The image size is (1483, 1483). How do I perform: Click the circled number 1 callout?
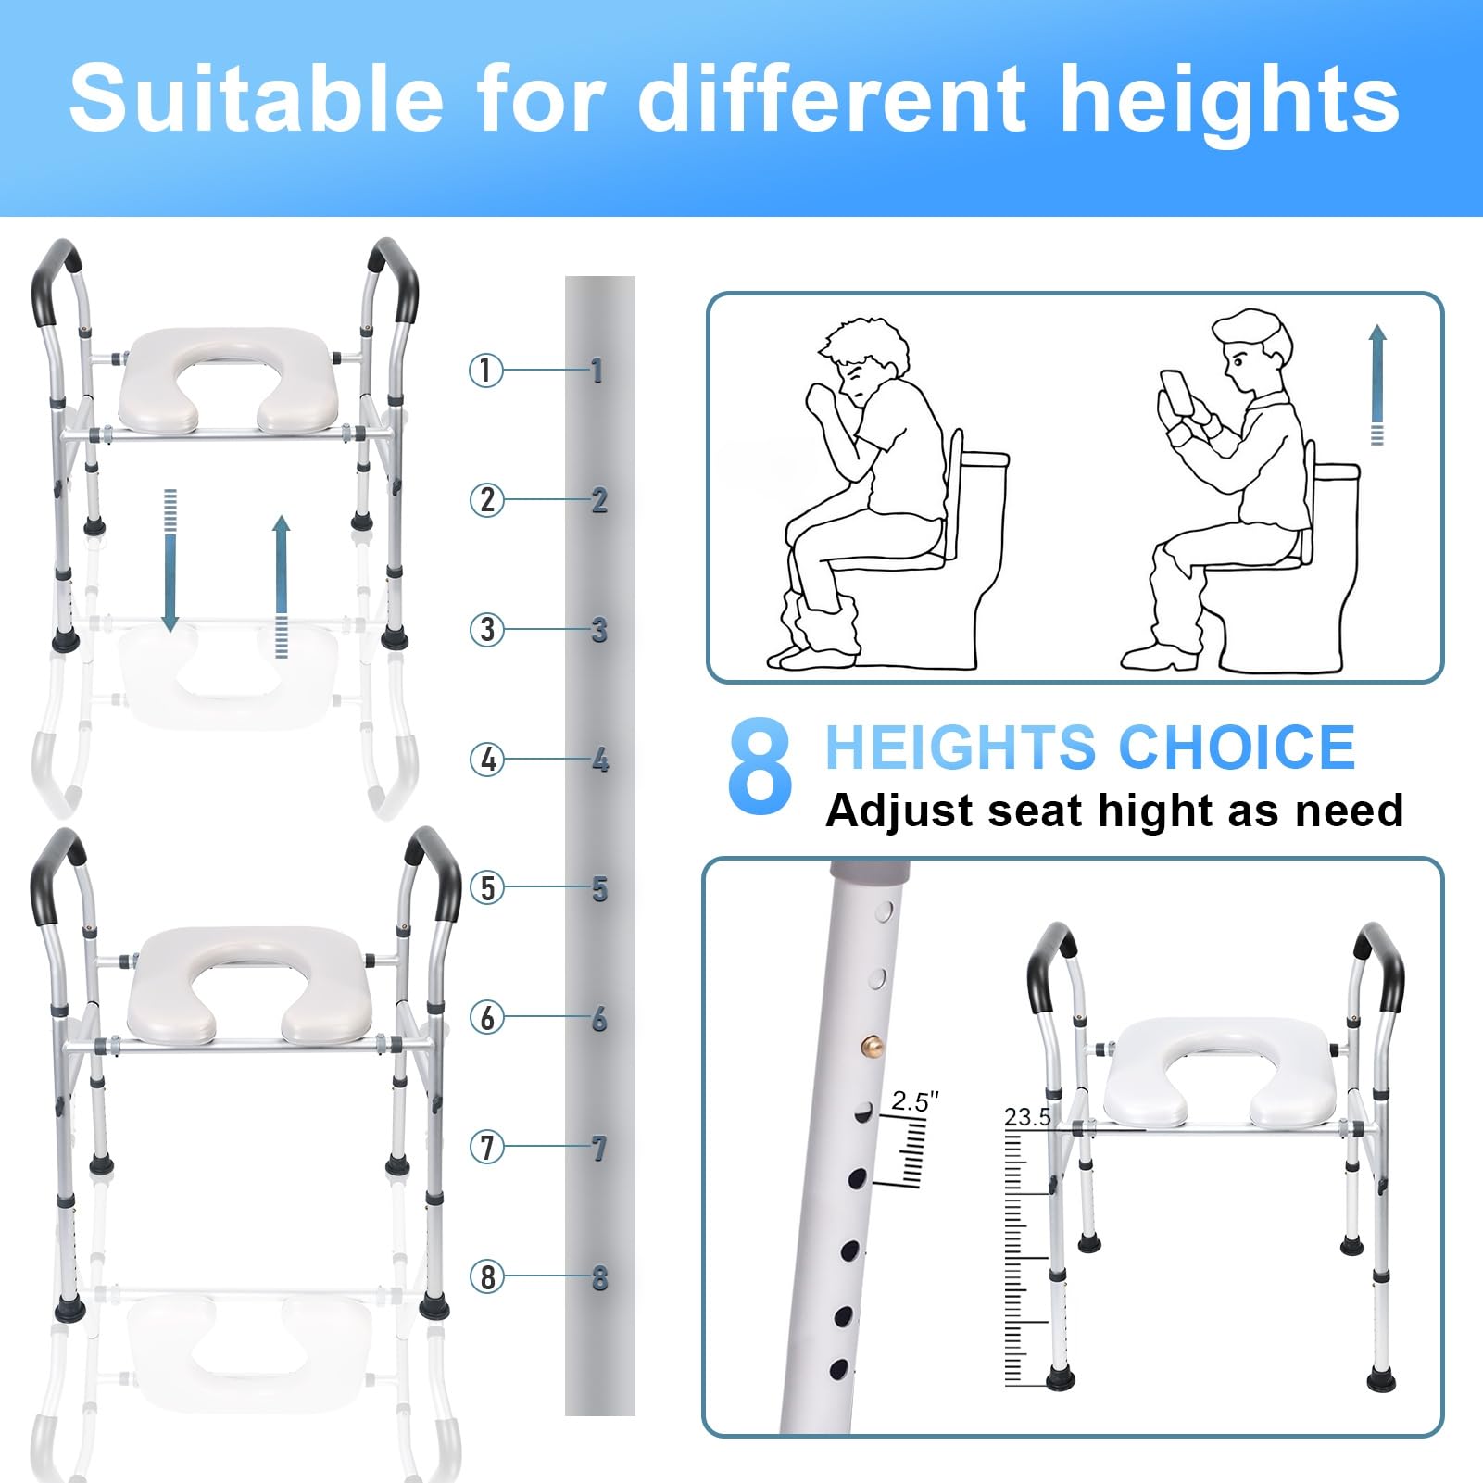(485, 371)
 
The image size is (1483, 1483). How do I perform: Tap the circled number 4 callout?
(486, 760)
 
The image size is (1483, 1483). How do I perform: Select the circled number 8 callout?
(486, 1277)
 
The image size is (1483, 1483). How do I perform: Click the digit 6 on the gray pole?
(599, 1019)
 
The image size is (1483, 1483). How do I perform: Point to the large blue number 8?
(760, 768)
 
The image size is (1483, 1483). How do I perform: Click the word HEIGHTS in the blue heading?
(963, 748)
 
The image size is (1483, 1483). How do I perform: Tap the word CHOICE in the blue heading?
(1237, 748)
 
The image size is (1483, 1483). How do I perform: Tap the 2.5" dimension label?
(915, 1101)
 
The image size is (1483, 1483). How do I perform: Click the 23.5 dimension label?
(1028, 1117)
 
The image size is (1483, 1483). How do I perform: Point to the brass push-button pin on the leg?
(873, 1045)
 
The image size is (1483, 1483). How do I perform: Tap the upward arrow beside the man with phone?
(1377, 384)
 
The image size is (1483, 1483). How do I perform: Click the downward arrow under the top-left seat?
(170, 560)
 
